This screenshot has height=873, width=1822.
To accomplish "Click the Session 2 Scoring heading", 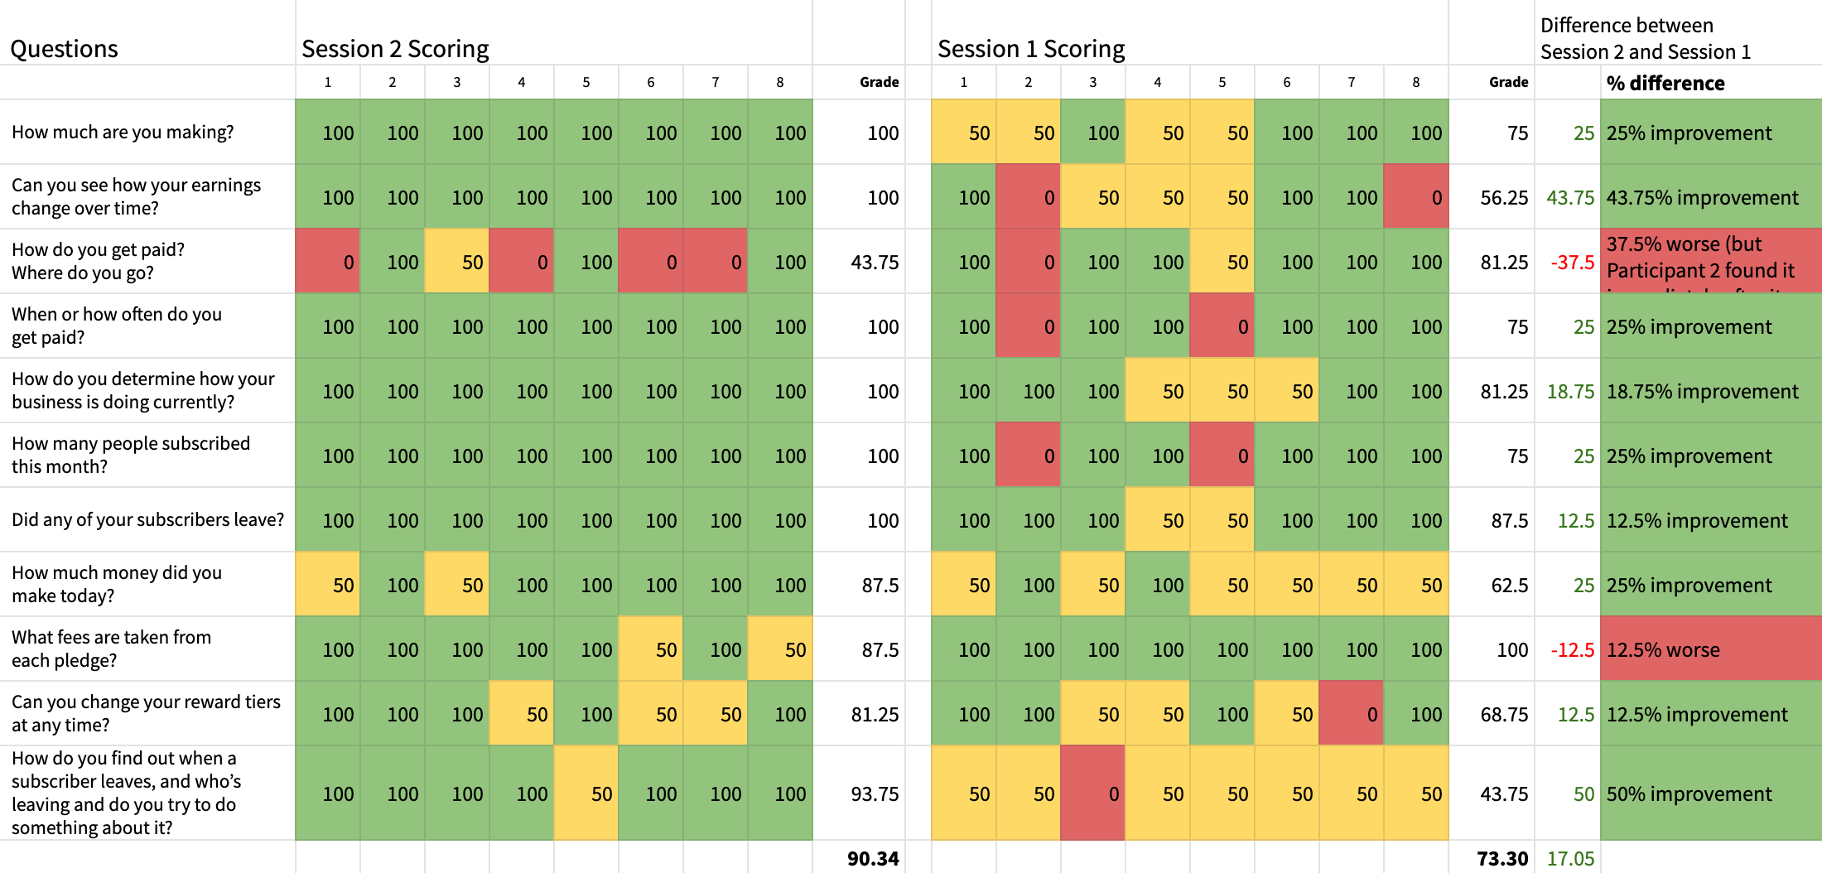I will (x=395, y=49).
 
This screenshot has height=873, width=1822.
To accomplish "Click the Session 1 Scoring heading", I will (x=1030, y=49).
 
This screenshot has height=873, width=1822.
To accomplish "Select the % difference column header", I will (x=1665, y=83).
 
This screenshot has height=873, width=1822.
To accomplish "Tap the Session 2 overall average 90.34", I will (x=872, y=858).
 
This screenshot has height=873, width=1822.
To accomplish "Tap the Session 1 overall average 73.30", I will (x=1501, y=858).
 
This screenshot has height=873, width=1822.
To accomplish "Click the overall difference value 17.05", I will (x=1570, y=858).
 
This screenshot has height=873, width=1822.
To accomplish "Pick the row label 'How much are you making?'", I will (x=123, y=133).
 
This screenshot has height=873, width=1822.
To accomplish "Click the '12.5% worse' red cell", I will (x=1662, y=650).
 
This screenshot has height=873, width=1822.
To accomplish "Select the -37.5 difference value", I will (x=1572, y=263).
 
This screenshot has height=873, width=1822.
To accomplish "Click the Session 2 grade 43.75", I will (x=875, y=263).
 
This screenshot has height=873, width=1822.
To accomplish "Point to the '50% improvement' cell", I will (x=1689, y=794).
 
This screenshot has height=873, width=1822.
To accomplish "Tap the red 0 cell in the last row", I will (x=1093, y=793).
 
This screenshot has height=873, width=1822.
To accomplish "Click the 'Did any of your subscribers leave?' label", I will (x=147, y=520).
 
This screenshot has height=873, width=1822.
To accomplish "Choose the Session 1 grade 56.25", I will (x=1504, y=198).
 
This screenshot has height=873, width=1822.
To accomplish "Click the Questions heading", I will (x=64, y=49).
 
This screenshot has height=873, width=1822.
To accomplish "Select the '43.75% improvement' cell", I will (x=1702, y=198).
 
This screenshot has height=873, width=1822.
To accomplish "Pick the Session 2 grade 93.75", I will (x=875, y=794).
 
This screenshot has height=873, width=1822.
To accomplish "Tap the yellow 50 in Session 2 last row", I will (x=586, y=793).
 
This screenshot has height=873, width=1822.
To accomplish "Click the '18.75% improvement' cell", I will (x=1702, y=392).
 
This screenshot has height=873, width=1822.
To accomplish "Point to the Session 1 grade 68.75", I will (x=1504, y=715).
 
